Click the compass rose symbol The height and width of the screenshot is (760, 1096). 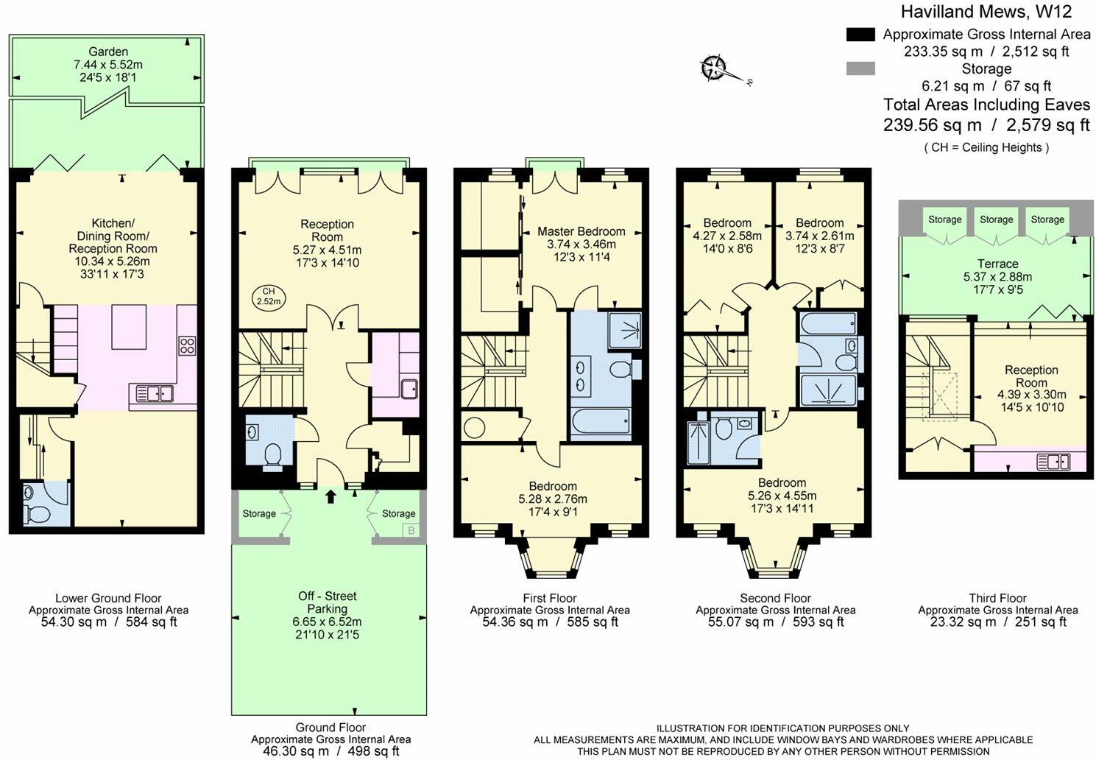(x=713, y=68)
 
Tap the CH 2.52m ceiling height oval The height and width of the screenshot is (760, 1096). (x=269, y=297)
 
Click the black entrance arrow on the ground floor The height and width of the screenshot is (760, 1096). (x=330, y=496)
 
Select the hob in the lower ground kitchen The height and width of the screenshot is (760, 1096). (x=188, y=345)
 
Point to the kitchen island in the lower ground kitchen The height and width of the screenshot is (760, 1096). (x=129, y=327)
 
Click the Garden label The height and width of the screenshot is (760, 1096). (x=108, y=52)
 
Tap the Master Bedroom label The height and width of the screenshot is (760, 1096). (x=581, y=231)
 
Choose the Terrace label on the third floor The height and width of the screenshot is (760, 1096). (x=997, y=264)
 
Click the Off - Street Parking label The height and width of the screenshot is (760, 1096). (x=328, y=602)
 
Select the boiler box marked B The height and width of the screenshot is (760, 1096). (x=411, y=530)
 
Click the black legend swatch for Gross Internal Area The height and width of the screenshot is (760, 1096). (x=860, y=35)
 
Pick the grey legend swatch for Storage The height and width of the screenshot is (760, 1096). (x=860, y=68)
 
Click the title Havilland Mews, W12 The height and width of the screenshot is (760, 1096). (x=986, y=12)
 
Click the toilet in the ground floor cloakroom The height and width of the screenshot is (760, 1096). (x=272, y=456)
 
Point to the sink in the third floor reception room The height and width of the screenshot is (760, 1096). (x=1053, y=462)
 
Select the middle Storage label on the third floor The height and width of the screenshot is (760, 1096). (x=996, y=219)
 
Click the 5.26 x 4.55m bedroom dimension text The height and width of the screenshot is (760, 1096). (x=782, y=496)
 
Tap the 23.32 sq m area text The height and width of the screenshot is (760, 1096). (x=963, y=622)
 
